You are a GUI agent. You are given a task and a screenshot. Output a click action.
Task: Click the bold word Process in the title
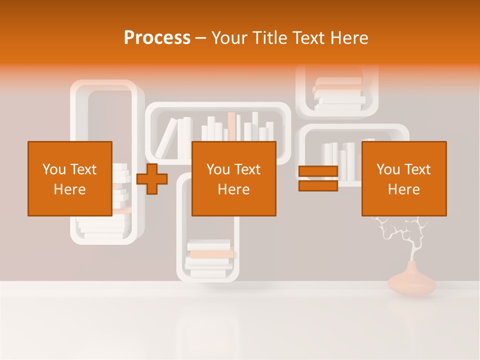(x=157, y=38)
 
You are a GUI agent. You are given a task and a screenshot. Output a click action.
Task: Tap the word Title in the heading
(x=269, y=38)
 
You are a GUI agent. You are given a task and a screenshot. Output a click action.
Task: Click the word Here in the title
(x=349, y=38)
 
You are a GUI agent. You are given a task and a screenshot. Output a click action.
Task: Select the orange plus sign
(x=152, y=179)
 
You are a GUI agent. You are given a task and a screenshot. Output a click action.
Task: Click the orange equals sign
(x=318, y=178)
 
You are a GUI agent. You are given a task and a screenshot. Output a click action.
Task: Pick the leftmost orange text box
(x=69, y=178)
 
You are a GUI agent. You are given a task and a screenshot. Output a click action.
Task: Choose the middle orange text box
(x=233, y=178)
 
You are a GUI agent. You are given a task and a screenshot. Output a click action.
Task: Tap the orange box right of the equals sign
(x=403, y=178)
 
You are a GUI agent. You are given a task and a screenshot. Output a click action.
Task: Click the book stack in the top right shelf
(x=338, y=93)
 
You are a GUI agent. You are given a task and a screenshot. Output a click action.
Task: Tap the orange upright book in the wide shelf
(x=231, y=126)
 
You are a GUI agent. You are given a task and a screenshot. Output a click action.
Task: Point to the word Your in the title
(x=228, y=38)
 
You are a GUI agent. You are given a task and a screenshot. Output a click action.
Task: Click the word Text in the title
(x=306, y=38)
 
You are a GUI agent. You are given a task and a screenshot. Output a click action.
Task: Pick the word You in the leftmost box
(x=53, y=169)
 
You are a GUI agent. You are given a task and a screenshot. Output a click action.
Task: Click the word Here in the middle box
(x=233, y=189)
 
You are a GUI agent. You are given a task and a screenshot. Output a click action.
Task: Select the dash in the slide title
(x=201, y=38)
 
